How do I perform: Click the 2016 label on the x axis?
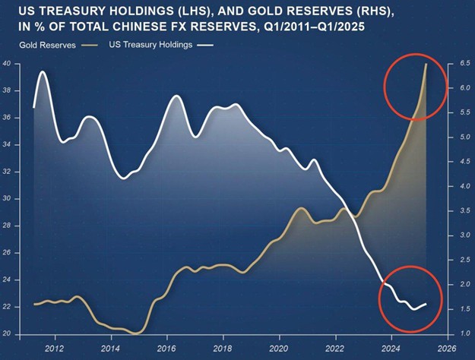click(x=166, y=349)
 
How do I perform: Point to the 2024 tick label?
click(x=391, y=349)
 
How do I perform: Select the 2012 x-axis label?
click(x=55, y=349)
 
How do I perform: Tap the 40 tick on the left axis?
click(x=6, y=64)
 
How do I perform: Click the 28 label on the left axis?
click(x=6, y=226)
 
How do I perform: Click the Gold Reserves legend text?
click(x=47, y=46)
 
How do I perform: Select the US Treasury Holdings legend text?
click(x=150, y=45)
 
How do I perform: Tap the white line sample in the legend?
click(x=205, y=46)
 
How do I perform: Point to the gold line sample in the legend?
click(x=90, y=46)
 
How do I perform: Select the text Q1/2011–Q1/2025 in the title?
click(x=314, y=27)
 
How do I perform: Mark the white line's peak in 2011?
click(x=43, y=71)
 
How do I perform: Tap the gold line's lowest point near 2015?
click(x=136, y=333)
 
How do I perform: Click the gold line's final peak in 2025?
click(x=426, y=64)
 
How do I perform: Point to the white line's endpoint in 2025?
click(x=426, y=304)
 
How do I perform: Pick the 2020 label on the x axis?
click(x=279, y=349)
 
